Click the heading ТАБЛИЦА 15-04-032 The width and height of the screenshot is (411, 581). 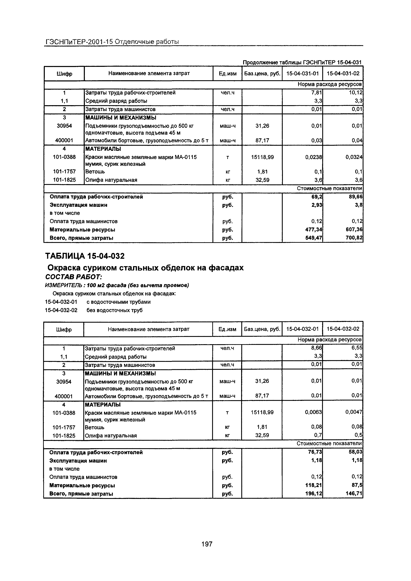click(x=85, y=256)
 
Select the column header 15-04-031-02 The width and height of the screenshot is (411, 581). click(x=343, y=74)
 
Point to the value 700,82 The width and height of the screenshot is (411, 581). click(x=354, y=238)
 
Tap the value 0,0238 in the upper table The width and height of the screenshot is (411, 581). click(x=313, y=157)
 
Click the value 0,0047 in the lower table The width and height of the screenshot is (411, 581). click(x=354, y=413)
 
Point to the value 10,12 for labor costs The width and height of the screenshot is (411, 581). click(x=356, y=93)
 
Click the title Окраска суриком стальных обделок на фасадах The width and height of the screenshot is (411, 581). click(x=146, y=268)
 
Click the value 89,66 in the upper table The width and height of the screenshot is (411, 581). click(x=355, y=197)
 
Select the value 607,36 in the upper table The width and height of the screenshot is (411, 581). click(x=354, y=230)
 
